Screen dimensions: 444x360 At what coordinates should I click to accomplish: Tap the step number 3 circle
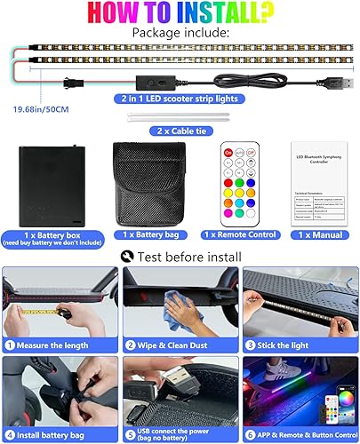coord(250,344)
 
